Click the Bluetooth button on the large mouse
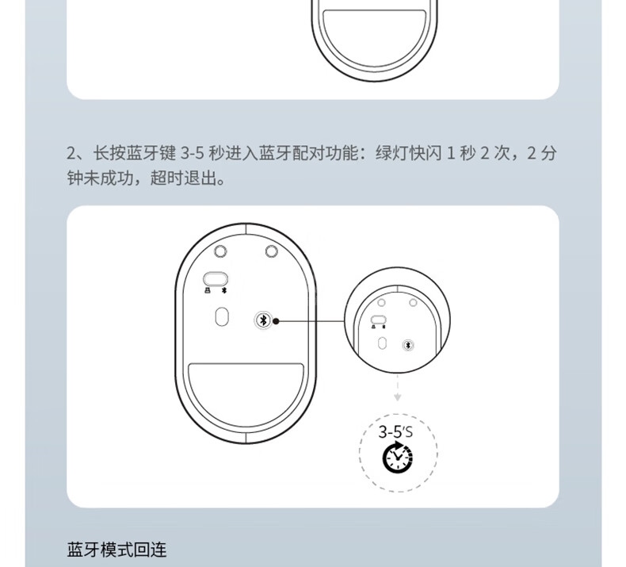point(263,320)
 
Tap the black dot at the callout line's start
point(276,320)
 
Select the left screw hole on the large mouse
point(220,251)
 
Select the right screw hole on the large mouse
point(272,251)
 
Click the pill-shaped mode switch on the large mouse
point(216,279)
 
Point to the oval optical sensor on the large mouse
point(222,317)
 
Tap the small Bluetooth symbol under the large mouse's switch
point(224,290)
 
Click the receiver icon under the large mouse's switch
point(207,290)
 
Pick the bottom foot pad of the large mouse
point(246,393)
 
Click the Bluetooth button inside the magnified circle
point(407,345)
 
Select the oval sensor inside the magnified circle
point(382,343)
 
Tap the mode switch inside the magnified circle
point(379,320)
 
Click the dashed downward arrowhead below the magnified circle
point(397,397)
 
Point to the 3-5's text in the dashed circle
point(395,432)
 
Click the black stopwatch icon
point(398,457)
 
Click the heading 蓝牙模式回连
point(116,550)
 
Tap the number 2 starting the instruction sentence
point(71,153)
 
